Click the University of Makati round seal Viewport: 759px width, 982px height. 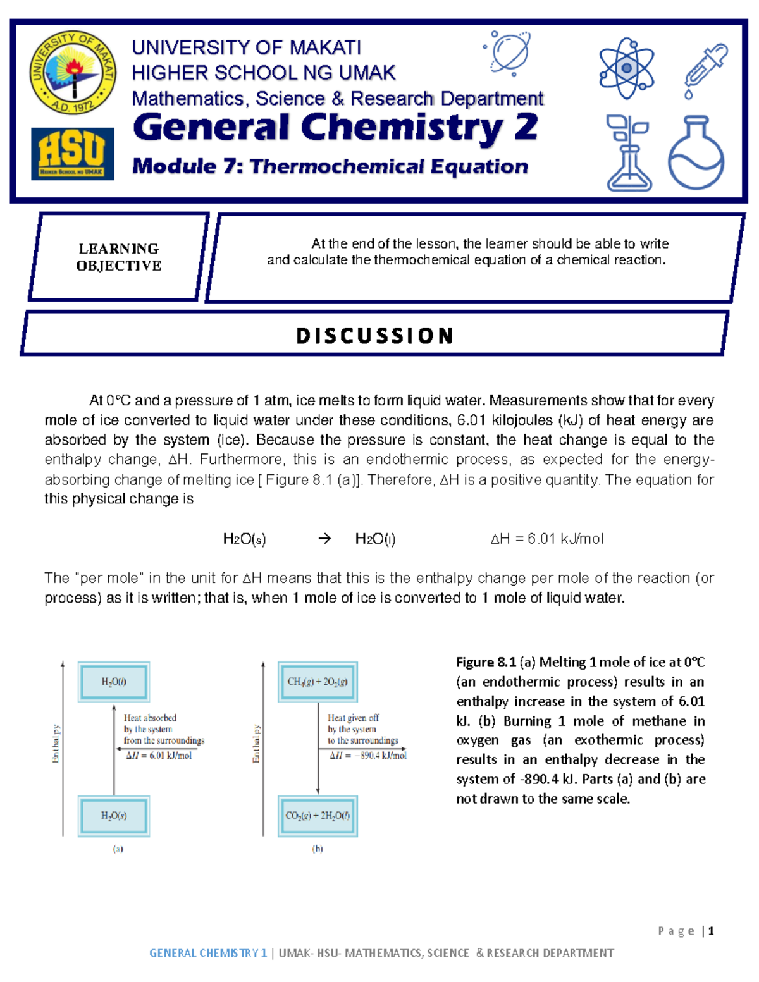pos(73,73)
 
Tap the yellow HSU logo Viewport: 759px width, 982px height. pos(73,154)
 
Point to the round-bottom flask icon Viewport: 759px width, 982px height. pos(696,152)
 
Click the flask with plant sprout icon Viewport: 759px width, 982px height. pos(628,152)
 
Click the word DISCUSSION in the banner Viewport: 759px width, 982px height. pos(374,335)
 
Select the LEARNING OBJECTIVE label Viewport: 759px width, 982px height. pos(119,257)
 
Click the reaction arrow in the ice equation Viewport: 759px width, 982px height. pos(324,539)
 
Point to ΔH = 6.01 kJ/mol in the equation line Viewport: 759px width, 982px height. pos(546,539)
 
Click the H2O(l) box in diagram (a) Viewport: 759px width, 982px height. pos(114,682)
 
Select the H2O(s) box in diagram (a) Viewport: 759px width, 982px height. pos(114,816)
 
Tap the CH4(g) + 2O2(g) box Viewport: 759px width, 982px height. pos(318,682)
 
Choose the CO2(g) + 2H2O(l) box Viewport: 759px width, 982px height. pos(318,816)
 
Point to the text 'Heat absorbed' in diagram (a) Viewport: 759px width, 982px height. pos(150,718)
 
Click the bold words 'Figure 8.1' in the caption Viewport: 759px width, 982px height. pos(486,662)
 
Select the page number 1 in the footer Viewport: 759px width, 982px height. pos(711,930)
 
